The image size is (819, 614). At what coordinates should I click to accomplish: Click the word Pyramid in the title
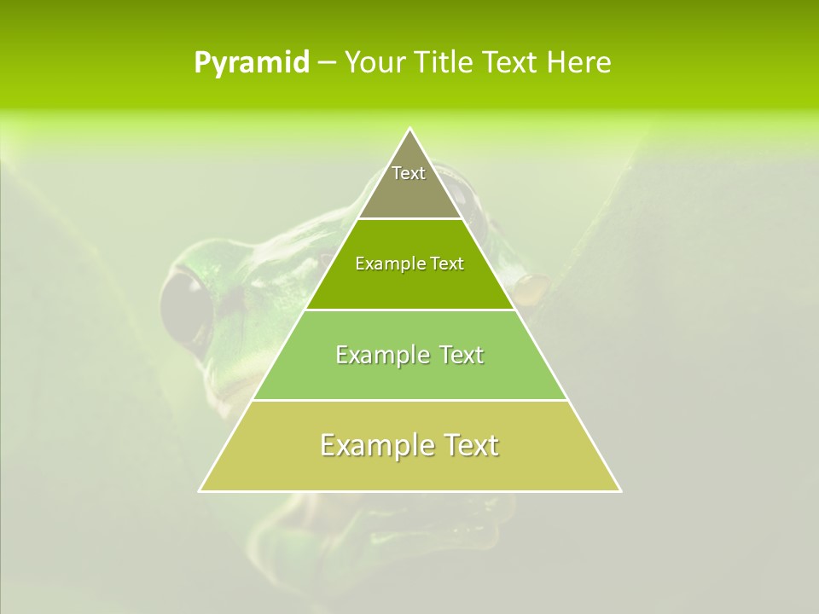(251, 63)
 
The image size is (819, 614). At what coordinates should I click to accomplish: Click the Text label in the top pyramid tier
(409, 173)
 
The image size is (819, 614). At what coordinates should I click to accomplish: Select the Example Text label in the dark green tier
(409, 264)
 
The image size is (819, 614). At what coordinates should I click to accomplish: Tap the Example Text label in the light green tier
(409, 355)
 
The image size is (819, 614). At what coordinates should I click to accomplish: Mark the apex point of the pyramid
(409, 129)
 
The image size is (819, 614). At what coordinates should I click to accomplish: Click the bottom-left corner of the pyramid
(200, 490)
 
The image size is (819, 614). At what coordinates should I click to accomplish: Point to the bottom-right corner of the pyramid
(620, 490)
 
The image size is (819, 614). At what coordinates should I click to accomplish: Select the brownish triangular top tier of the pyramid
(409, 192)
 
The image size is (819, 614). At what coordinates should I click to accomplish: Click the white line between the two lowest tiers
(409, 400)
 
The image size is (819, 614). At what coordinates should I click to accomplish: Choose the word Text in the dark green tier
(447, 264)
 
